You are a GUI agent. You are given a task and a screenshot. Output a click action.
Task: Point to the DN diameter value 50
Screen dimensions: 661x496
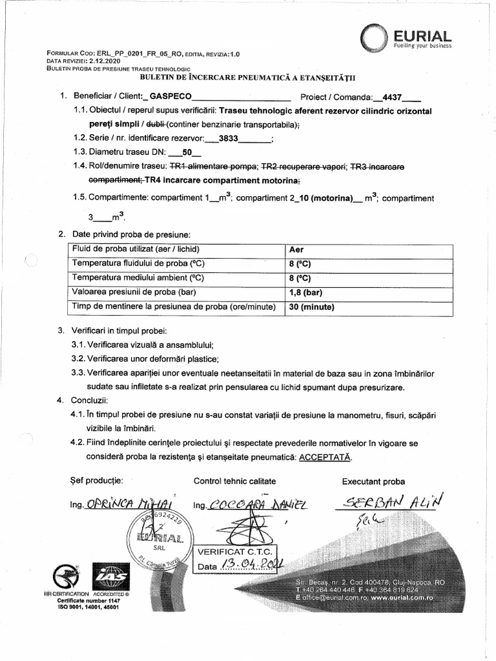click(188, 153)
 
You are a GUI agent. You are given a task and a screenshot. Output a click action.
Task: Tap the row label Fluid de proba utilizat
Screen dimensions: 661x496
click(136, 249)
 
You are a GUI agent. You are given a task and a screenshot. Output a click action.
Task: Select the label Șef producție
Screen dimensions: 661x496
click(91, 480)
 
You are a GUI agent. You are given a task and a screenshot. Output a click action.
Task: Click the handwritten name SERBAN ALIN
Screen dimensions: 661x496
click(394, 501)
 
